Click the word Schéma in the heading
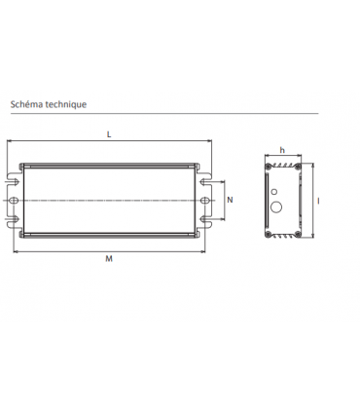26,102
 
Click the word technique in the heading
66,102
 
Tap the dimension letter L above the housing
108,134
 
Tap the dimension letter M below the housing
108,259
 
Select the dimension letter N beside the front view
230,200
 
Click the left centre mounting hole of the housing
15,200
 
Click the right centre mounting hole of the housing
205,200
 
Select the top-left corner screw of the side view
269,168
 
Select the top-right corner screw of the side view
297,168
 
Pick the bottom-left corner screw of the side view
269,232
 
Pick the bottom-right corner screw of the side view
297,232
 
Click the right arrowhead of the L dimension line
210,144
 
